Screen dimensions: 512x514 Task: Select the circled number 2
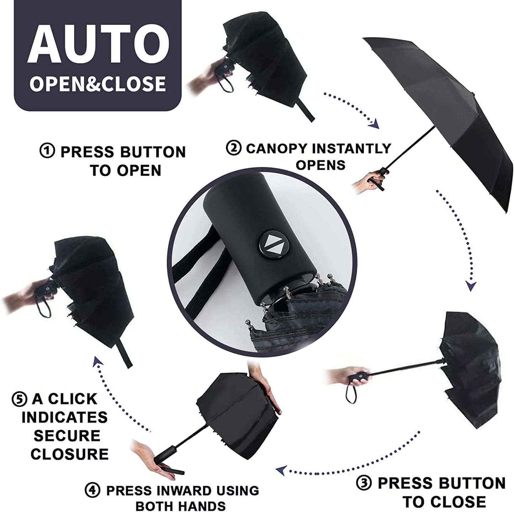[234, 148]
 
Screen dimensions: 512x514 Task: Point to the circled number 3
[364, 483]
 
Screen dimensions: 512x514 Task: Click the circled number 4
[92, 491]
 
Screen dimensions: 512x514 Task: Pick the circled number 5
[19, 399]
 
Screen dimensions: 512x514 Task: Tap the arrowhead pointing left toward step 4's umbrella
[281, 470]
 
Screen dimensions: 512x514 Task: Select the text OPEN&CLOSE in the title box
[97, 83]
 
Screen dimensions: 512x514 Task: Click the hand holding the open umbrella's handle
[370, 182]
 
